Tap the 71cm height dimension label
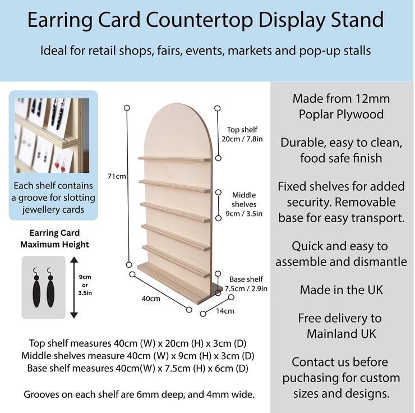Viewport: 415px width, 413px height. (117, 176)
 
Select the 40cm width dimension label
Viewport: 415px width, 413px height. (151, 299)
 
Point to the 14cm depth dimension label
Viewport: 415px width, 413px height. (225, 310)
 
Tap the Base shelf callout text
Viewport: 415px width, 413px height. (246, 284)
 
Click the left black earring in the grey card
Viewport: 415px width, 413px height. (36, 288)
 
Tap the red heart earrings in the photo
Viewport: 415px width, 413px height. (62, 165)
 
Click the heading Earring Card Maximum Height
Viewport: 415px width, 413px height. (54, 238)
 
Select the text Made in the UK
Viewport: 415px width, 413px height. (342, 290)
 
